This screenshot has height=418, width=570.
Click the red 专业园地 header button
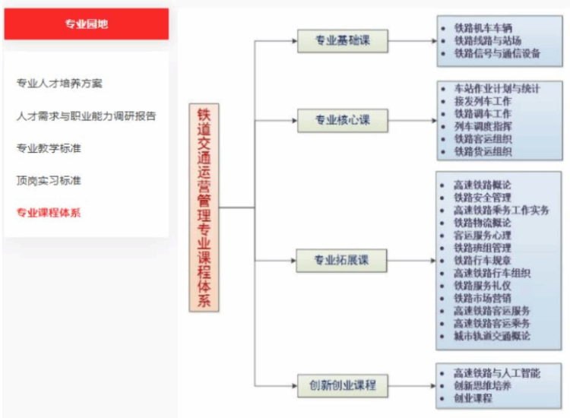86,24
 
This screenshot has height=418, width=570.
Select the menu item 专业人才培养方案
59,83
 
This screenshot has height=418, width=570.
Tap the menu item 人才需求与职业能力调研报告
86,116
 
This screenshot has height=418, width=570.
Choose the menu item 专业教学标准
49,148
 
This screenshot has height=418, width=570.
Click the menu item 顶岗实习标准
49,180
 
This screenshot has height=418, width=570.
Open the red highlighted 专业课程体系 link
49,212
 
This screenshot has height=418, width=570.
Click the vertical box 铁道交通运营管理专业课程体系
204,207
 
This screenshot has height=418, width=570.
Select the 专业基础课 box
342,40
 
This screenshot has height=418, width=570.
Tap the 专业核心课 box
342,120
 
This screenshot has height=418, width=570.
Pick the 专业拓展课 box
342,260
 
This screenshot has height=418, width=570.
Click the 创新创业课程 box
342,385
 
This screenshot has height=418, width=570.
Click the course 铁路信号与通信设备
497,53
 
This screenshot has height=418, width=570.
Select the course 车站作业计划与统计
497,89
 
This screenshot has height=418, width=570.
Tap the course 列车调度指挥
483,126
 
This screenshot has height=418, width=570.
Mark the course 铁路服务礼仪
483,285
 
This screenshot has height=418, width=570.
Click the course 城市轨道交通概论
492,335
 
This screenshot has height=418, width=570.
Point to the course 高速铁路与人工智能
497,373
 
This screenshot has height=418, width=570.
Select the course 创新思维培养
483,385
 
